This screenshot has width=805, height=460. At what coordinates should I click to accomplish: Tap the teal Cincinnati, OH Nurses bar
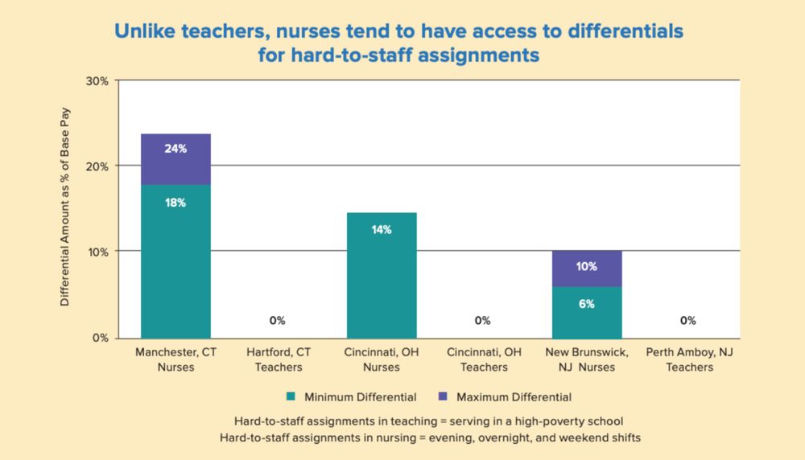pos(382,277)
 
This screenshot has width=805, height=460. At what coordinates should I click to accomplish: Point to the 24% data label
pos(175,149)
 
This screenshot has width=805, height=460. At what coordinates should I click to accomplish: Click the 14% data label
pos(382,230)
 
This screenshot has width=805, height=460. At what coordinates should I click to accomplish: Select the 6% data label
pos(587,304)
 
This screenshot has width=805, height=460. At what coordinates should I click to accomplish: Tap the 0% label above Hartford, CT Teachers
pos(278,321)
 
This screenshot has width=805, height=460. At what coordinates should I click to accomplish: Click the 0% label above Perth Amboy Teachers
pos(688,321)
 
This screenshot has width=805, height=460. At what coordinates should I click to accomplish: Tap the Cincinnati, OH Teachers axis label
pos(484,359)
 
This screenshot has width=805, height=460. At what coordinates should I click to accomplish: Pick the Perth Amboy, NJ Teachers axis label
pos(689,359)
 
